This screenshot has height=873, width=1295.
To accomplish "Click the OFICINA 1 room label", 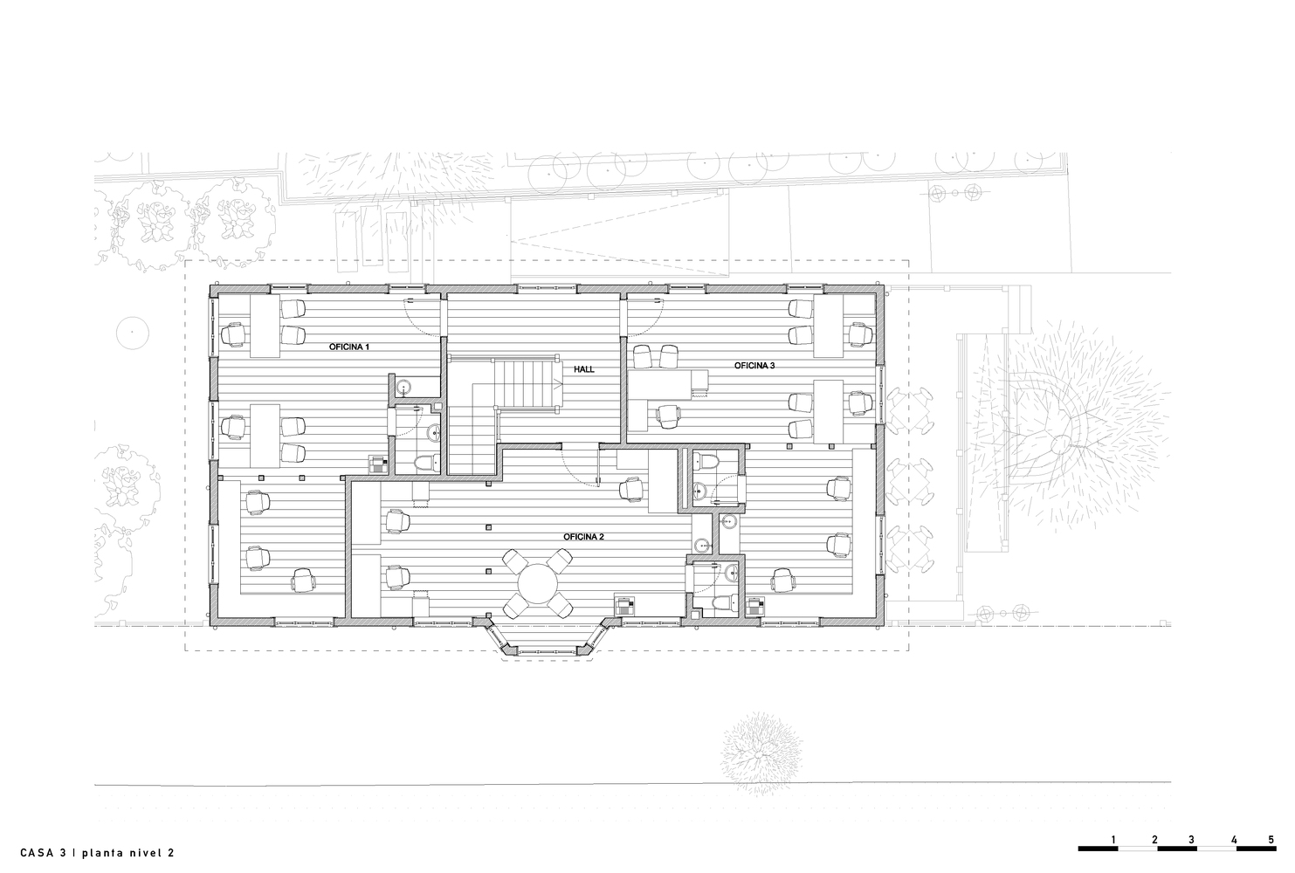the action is click(348, 347).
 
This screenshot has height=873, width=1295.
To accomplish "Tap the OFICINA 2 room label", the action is click(583, 537).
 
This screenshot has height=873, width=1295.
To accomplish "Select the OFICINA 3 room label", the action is click(754, 366).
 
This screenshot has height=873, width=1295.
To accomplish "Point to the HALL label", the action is click(584, 369).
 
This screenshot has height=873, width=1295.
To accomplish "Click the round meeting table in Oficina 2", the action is click(538, 583).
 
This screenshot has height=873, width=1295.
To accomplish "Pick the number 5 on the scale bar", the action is click(1271, 839).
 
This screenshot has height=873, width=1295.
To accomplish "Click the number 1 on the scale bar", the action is click(1112, 839).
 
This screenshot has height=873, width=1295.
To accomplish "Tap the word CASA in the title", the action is click(39, 853).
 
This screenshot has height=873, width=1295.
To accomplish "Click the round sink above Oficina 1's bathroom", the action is click(403, 387).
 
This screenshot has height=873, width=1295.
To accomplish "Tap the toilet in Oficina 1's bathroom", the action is click(427, 463).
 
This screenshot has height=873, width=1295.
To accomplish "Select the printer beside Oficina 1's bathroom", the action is click(377, 464).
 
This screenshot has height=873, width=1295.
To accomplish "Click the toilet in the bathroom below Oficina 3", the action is click(706, 461).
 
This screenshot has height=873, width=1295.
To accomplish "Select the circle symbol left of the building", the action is click(133, 333).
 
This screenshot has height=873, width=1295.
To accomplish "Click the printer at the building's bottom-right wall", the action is click(755, 607).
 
